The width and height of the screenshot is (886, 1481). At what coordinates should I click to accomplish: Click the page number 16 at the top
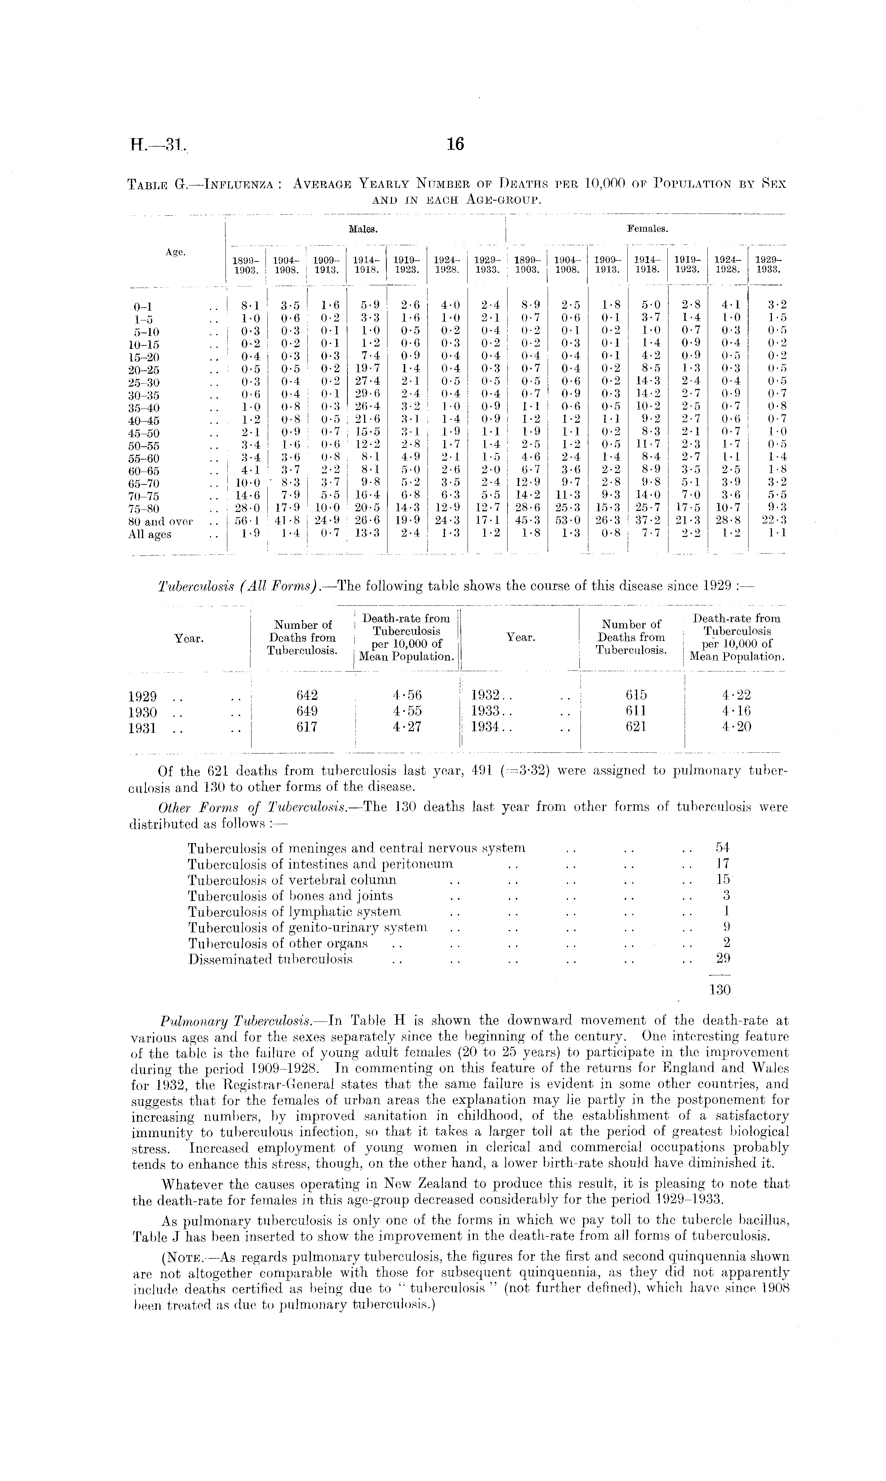pos(455,145)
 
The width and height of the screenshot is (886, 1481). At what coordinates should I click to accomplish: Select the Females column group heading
pos(647,228)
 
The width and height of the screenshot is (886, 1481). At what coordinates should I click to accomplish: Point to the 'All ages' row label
pos(149,535)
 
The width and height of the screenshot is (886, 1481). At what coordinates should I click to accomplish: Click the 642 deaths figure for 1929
pos(307,695)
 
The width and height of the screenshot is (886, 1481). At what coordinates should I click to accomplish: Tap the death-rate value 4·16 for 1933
pos(736,711)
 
